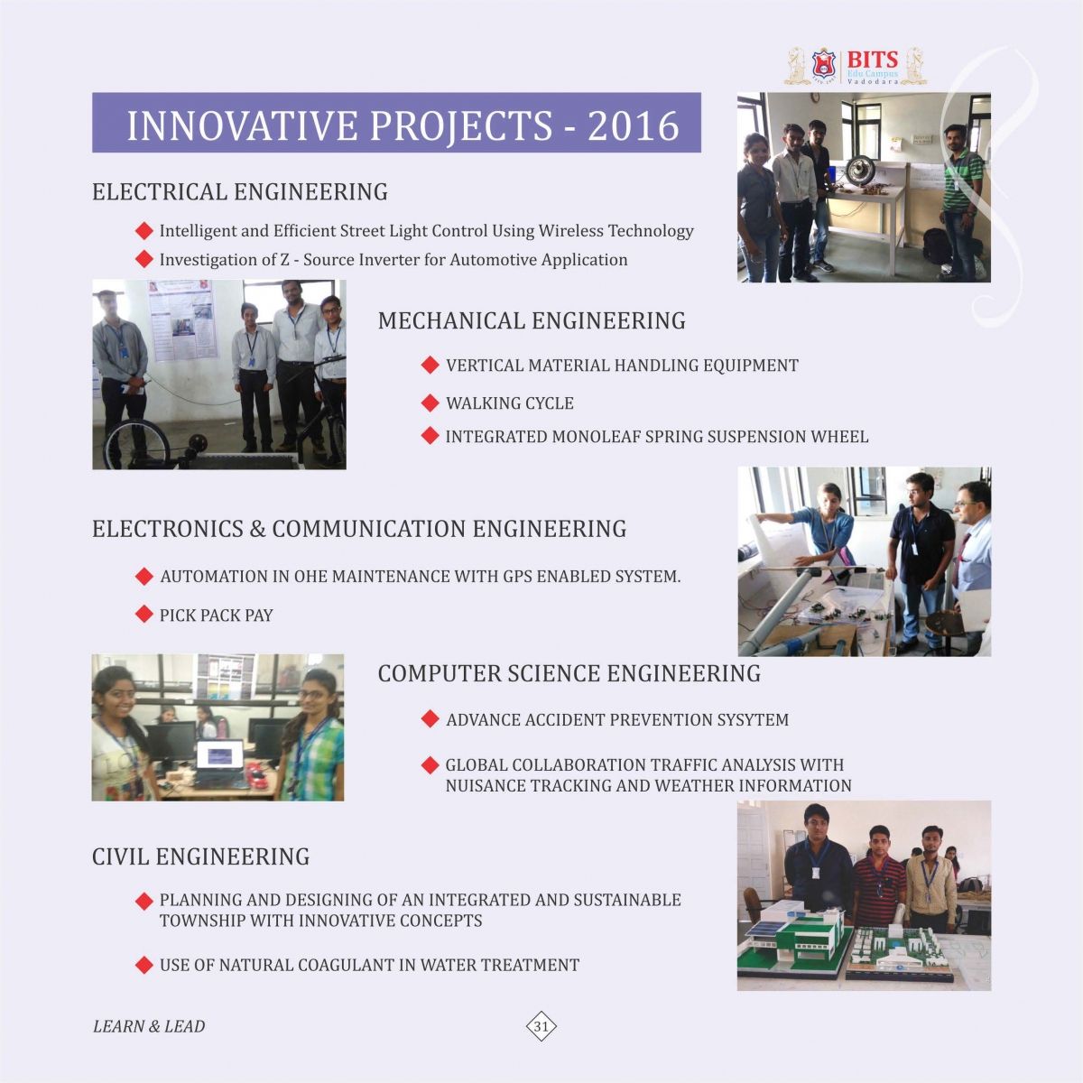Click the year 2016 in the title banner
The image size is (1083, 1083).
point(634,125)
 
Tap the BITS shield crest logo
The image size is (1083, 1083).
point(823,66)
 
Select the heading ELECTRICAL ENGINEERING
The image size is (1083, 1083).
point(240,191)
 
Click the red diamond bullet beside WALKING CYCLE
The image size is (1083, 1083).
point(430,403)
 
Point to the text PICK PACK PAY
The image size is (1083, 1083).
point(217,616)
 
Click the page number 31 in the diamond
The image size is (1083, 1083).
point(541,1026)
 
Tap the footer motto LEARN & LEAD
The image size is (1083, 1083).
point(149,1026)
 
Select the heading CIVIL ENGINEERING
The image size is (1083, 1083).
point(200,856)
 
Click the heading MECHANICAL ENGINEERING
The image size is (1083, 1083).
point(532,321)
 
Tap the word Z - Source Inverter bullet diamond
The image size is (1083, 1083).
point(144,259)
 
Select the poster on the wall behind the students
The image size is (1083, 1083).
point(182,320)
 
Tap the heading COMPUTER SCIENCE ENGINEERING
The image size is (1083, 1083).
point(569,673)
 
